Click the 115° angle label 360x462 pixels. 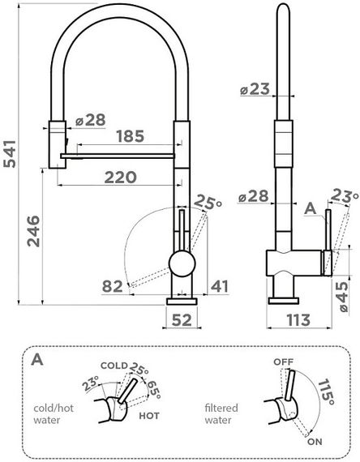point(327,395)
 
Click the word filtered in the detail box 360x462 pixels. point(221,408)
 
